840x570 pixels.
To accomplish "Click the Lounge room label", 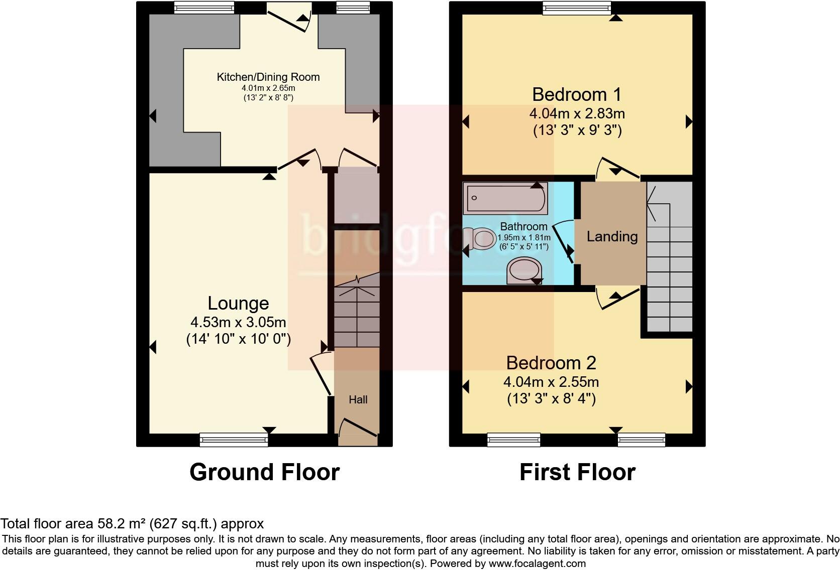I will click(238, 304).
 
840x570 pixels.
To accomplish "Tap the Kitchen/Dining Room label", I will click(268, 77).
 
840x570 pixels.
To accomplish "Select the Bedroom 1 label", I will click(577, 94).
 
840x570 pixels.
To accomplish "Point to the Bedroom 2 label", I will click(551, 363).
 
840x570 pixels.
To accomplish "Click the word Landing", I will click(612, 236).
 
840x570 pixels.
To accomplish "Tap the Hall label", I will click(358, 400).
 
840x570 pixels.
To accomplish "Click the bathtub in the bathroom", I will click(505, 198).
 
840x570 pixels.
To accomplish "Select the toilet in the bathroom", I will click(480, 238).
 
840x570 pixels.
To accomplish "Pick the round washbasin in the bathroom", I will click(523, 270).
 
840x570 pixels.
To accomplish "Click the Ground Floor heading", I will click(264, 472).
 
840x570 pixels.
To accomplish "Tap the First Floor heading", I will click(577, 472).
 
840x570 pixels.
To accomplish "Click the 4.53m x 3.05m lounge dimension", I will click(238, 322).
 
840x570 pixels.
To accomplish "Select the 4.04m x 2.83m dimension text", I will click(577, 113).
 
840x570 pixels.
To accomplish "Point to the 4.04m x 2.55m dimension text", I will click(551, 382).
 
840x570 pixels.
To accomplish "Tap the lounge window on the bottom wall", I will click(234, 440).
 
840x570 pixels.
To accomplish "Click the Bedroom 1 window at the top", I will click(577, 8).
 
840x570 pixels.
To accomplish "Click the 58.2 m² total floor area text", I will click(132, 524).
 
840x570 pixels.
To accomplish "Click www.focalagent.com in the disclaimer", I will click(537, 563).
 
